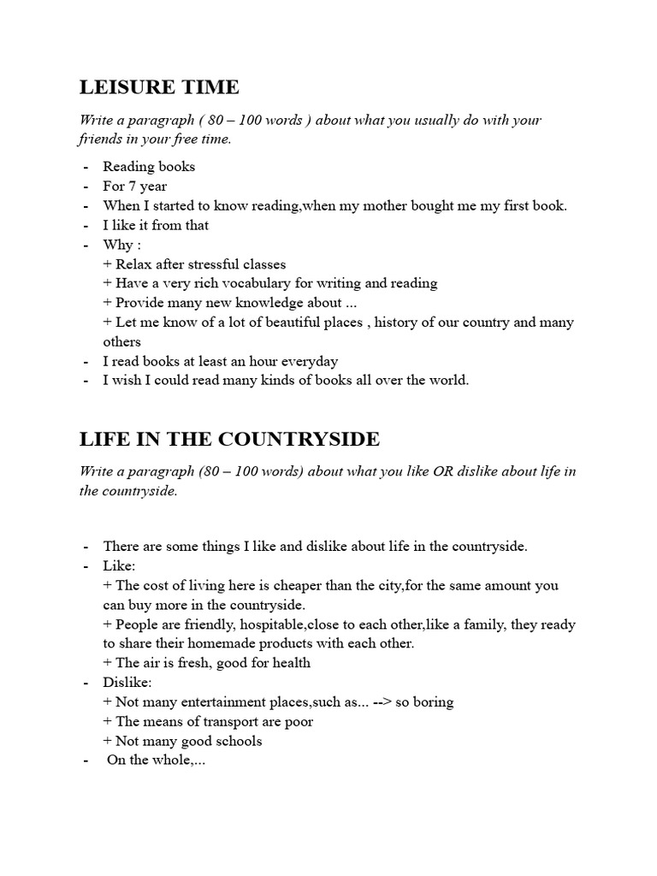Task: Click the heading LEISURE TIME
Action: coord(159,87)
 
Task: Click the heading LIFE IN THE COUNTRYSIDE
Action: coord(229,439)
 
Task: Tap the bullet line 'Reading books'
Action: coord(149,167)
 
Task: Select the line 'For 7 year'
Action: coord(134,186)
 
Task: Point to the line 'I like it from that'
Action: coord(156,225)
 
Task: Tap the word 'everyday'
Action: coord(311,361)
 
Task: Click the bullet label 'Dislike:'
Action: coord(127,683)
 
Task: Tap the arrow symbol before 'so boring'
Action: coord(385,702)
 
